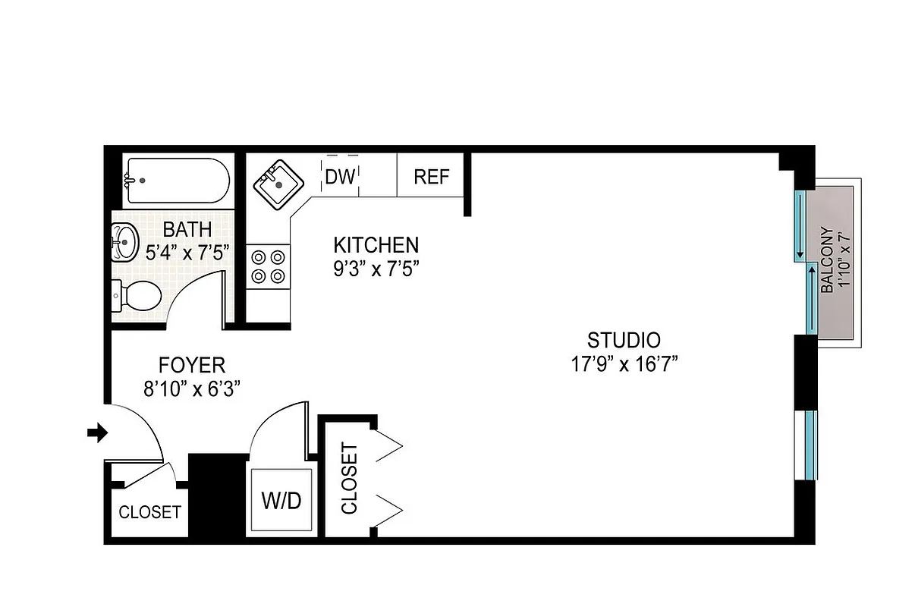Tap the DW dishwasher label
tap(340, 177)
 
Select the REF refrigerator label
tap(431, 177)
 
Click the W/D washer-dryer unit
tap(281, 501)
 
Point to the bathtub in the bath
tap(177, 181)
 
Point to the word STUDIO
tap(624, 340)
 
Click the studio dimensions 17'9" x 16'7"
tap(624, 364)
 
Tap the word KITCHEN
tap(376, 245)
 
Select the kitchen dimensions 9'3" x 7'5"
tap(376, 268)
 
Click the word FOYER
tap(191, 364)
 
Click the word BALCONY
tap(828, 260)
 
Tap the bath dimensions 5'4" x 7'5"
tap(187, 251)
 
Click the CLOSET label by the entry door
tap(150, 512)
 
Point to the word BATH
tap(187, 228)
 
